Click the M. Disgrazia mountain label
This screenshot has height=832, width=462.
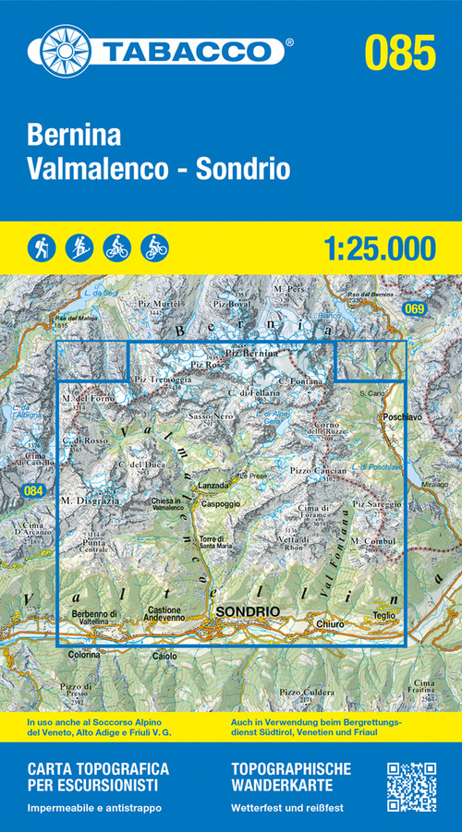pyautogui.click(x=81, y=500)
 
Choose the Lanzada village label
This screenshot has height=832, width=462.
pyautogui.click(x=212, y=485)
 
